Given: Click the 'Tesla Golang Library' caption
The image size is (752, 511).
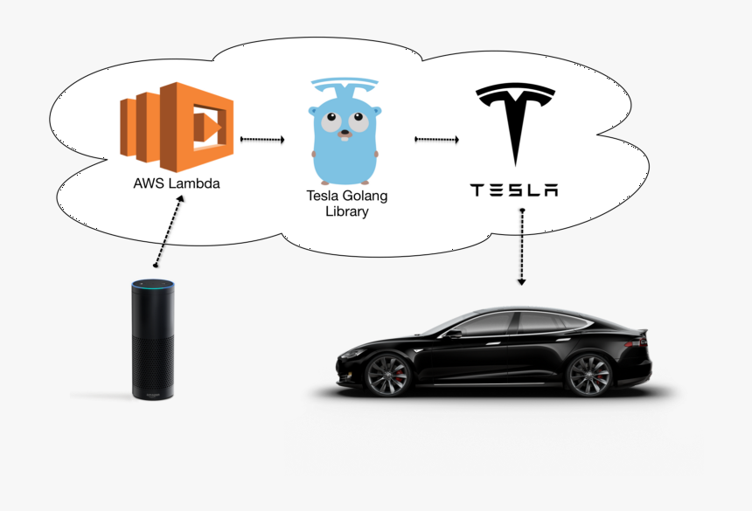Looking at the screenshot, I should click(346, 204).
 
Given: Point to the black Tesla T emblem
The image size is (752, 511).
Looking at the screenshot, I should click(515, 122).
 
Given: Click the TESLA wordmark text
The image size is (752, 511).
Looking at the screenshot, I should click(514, 190).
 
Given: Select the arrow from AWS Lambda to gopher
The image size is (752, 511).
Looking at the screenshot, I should click(261, 139).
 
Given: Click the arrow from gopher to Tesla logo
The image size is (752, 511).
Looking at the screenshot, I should click(438, 139).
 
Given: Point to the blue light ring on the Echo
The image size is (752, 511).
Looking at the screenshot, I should click(153, 283).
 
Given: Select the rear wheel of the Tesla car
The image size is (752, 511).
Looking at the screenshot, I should click(589, 375).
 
